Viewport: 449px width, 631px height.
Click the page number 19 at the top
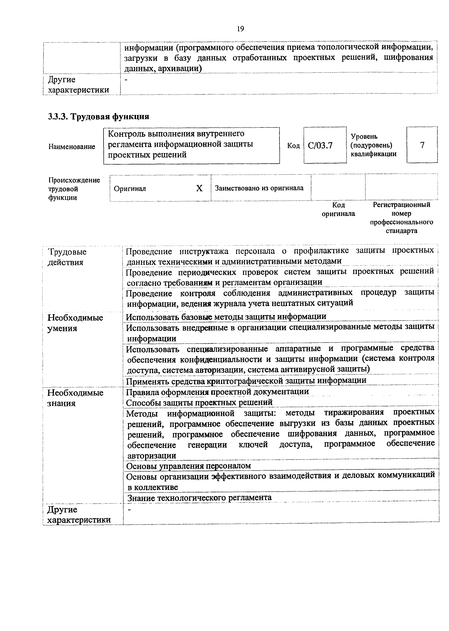click(240, 29)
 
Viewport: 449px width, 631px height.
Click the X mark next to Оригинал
click(199, 188)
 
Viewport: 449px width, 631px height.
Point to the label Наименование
click(72, 147)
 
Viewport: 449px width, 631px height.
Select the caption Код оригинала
click(338, 209)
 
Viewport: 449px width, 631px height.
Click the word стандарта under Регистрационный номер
click(402, 231)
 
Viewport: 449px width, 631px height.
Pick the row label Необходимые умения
click(75, 323)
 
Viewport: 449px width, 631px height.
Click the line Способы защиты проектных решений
click(199, 402)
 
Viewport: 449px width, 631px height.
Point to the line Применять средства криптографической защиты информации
click(246, 381)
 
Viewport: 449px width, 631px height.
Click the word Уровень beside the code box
click(364, 136)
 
